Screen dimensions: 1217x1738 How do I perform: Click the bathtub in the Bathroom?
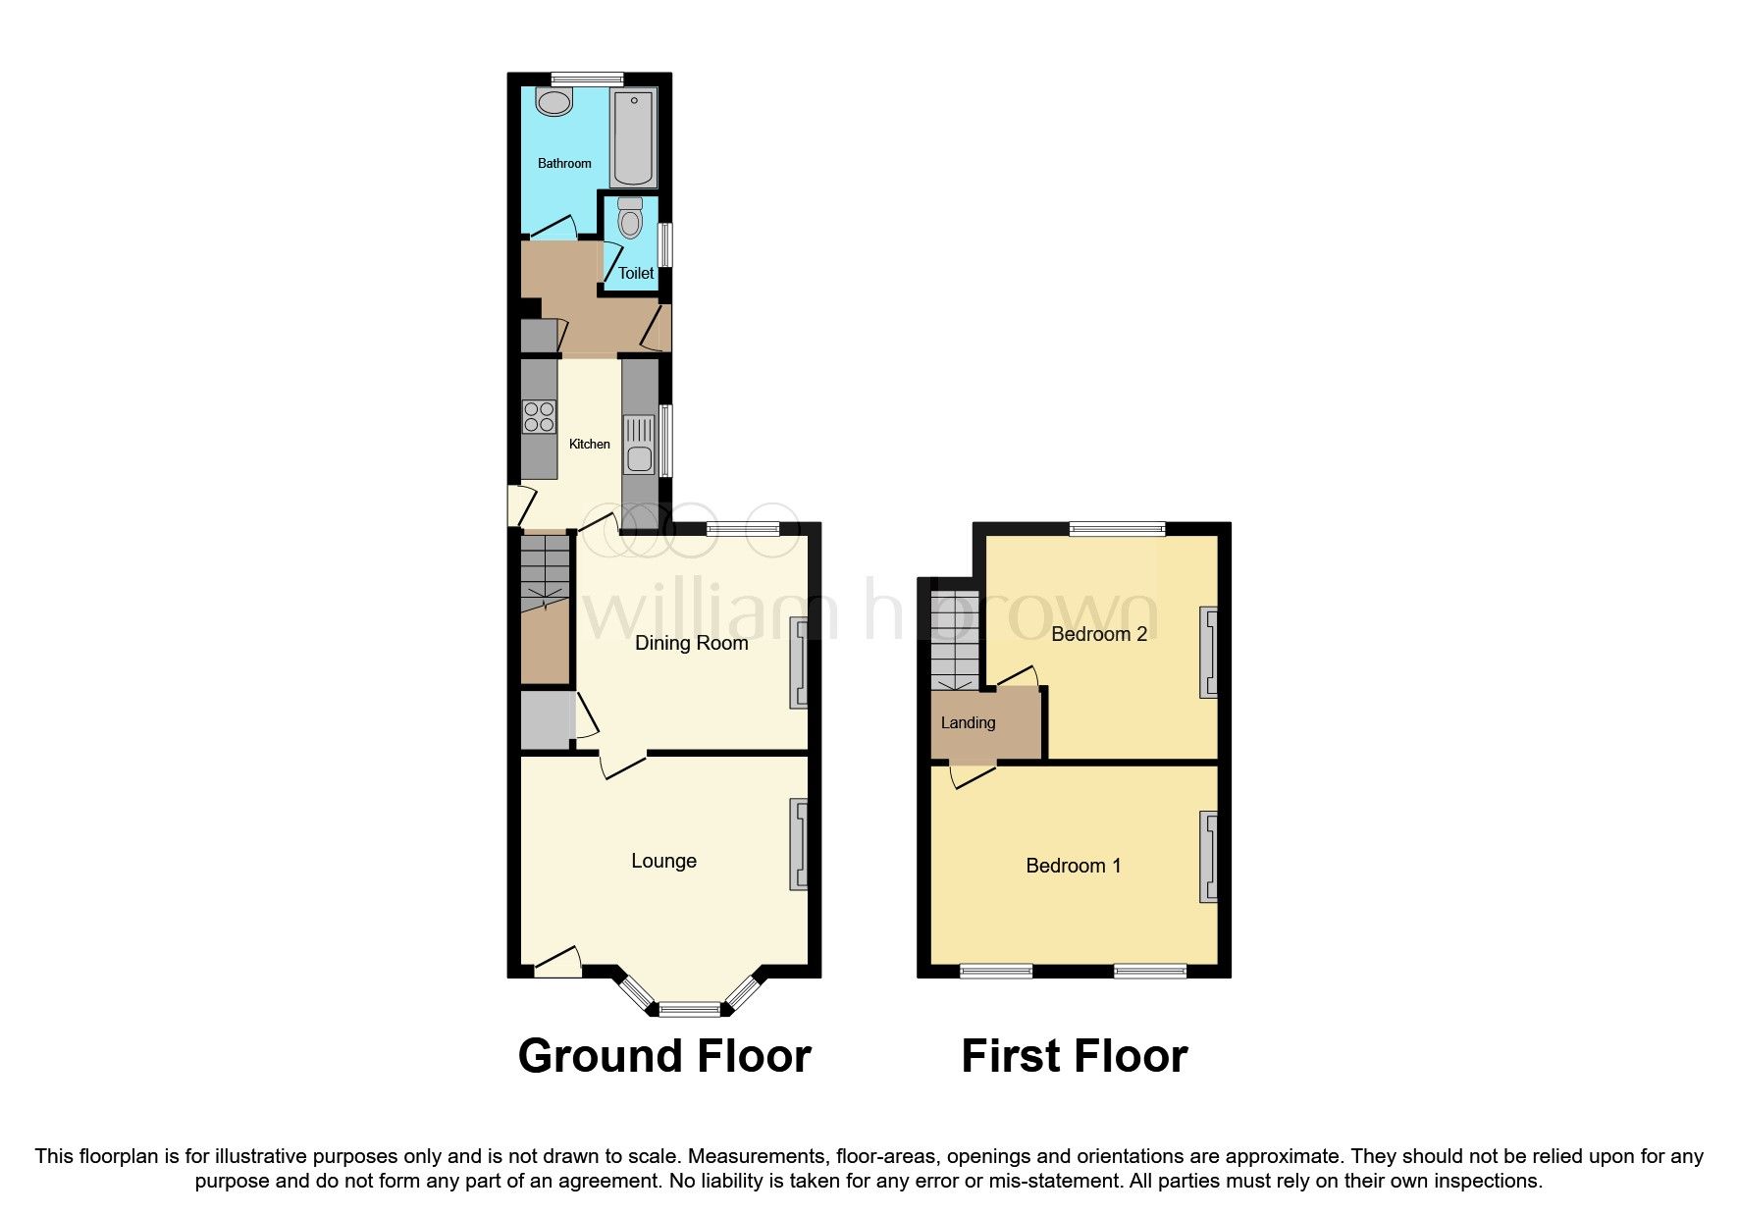coord(634,137)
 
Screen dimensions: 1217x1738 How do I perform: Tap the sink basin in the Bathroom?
coord(555,101)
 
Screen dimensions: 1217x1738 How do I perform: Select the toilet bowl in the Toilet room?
coord(630,218)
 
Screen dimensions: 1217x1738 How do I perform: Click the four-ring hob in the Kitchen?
coord(539,417)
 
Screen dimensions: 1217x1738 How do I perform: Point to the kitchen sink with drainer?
coord(639,445)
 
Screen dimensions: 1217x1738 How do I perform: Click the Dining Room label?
coord(691,644)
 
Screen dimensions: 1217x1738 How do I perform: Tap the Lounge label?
coord(663,862)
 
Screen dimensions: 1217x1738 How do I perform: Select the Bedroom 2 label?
coord(1098,635)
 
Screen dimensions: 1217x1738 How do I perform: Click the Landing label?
coord(968,723)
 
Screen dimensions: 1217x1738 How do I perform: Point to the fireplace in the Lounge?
coord(799,845)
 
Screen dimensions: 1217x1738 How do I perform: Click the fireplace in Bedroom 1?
coord(1207,857)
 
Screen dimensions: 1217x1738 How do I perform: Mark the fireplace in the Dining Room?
coord(799,662)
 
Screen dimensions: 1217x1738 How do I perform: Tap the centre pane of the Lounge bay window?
coord(690,1006)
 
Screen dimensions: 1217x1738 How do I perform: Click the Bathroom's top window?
coord(587,79)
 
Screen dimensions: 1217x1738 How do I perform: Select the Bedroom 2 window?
coord(1117,529)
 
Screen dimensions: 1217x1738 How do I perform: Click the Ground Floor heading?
coord(664,1057)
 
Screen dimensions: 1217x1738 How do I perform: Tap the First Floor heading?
coord(1074,1057)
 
